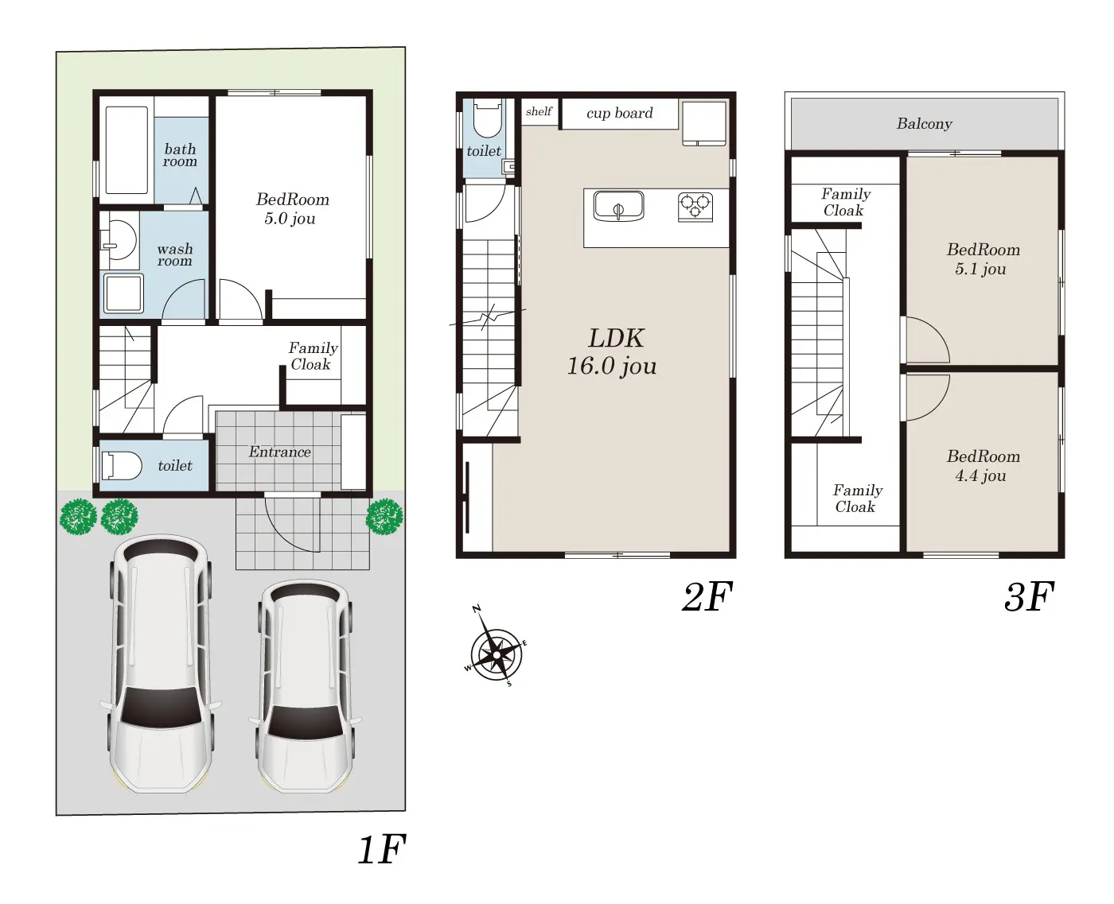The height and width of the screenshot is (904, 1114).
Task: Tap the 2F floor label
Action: pyautogui.click(x=707, y=597)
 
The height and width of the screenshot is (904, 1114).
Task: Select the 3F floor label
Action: pyautogui.click(x=1029, y=597)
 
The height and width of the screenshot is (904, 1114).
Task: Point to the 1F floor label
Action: pyautogui.click(x=382, y=849)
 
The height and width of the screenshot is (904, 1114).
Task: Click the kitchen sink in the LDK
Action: pyautogui.click(x=618, y=206)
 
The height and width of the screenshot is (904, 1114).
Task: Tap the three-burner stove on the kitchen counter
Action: pyautogui.click(x=695, y=207)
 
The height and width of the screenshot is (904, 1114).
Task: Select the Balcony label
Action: pyautogui.click(x=924, y=124)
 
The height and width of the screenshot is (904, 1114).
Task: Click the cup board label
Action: pyautogui.click(x=619, y=113)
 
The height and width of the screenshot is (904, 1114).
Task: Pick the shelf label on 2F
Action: pyautogui.click(x=539, y=111)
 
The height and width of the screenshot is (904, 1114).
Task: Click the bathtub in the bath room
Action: pyautogui.click(x=126, y=150)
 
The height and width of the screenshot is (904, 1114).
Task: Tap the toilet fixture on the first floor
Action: pyautogui.click(x=121, y=466)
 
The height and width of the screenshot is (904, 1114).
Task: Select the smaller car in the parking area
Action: pyautogui.click(x=306, y=687)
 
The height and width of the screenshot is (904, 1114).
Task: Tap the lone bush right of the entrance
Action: pyautogui.click(x=384, y=517)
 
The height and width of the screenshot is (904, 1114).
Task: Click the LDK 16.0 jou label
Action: pyautogui.click(x=613, y=351)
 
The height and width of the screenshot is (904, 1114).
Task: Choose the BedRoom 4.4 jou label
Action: pyautogui.click(x=983, y=466)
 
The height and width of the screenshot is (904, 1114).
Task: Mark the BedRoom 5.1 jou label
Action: pyautogui.click(x=983, y=258)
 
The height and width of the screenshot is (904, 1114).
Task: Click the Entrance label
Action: pyautogui.click(x=280, y=452)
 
